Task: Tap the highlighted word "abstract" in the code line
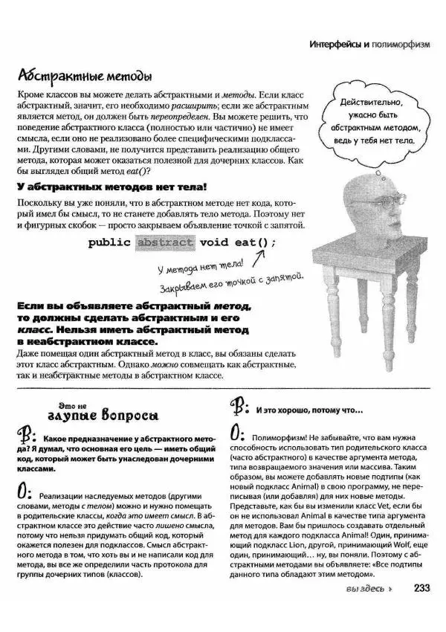(x=164, y=242)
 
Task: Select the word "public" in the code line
(x=111, y=242)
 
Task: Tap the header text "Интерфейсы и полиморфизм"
(x=369, y=45)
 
